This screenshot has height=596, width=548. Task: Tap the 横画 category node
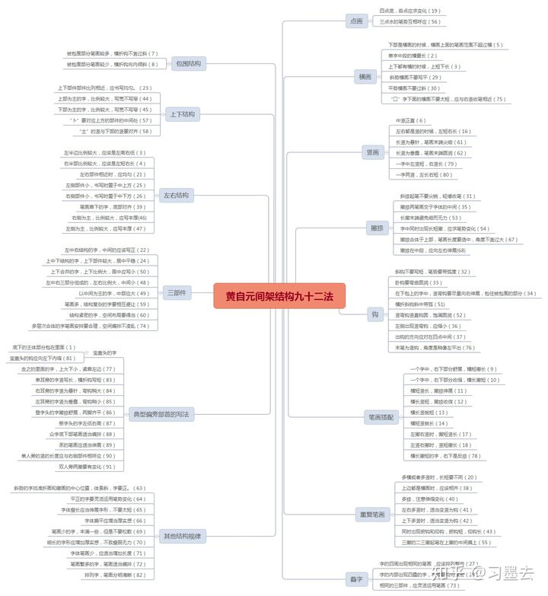click(x=366, y=77)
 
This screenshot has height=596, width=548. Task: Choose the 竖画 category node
click(x=372, y=152)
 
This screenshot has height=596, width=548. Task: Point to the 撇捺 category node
click(x=376, y=228)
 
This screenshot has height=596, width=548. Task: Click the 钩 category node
click(x=375, y=314)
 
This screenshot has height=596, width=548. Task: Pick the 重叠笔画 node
click(x=371, y=515)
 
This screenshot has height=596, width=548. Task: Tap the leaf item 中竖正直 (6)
click(x=412, y=121)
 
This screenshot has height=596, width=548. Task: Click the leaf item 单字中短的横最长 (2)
click(x=413, y=56)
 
